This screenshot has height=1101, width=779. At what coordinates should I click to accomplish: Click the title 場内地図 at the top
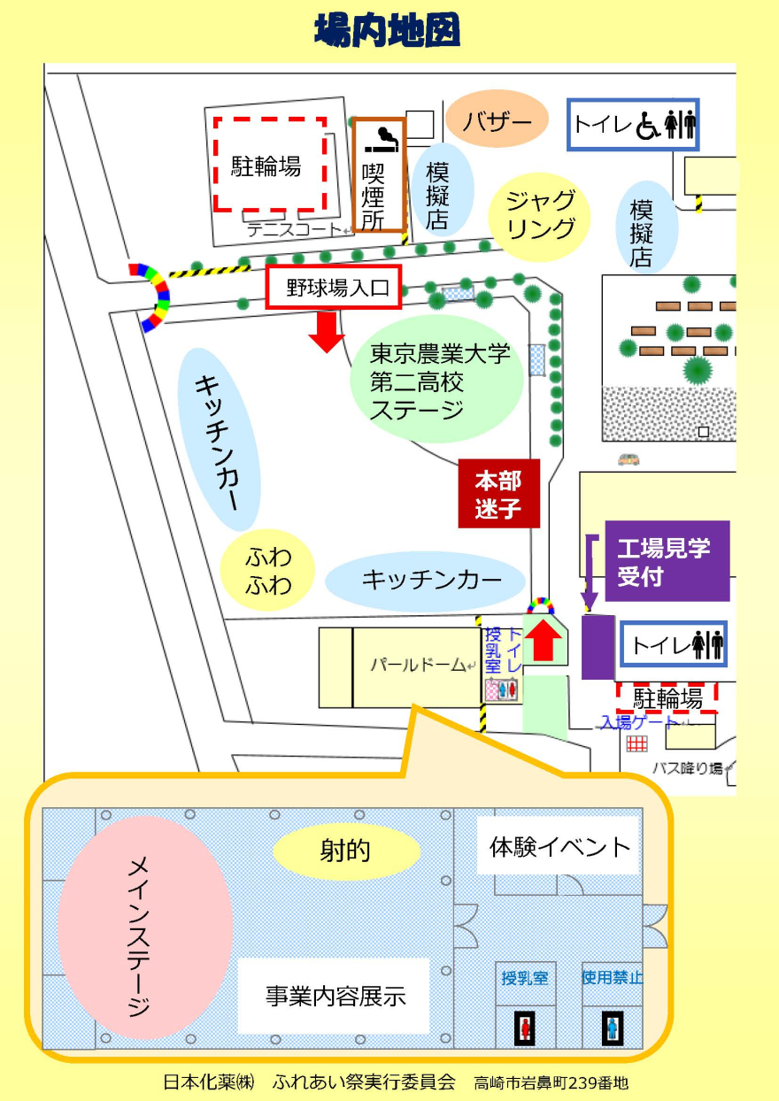coord(388,32)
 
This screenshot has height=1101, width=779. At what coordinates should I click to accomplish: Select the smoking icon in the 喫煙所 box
coord(382,139)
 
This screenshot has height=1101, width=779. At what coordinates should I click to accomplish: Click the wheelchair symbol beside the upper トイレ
coord(647,126)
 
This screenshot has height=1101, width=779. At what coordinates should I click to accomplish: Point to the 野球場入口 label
coord(334,288)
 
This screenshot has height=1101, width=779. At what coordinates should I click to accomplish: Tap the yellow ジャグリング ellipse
coord(540,215)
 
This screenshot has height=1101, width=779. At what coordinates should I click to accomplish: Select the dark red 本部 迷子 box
coord(498,495)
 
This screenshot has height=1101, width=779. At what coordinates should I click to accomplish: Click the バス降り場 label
coord(687,766)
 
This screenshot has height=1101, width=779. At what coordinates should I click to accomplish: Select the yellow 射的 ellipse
coord(346,851)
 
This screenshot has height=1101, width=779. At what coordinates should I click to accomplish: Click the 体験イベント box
coord(559,847)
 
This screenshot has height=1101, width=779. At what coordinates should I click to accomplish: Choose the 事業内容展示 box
coord(335,996)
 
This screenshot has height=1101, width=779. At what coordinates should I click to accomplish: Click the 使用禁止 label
coord(612,978)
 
